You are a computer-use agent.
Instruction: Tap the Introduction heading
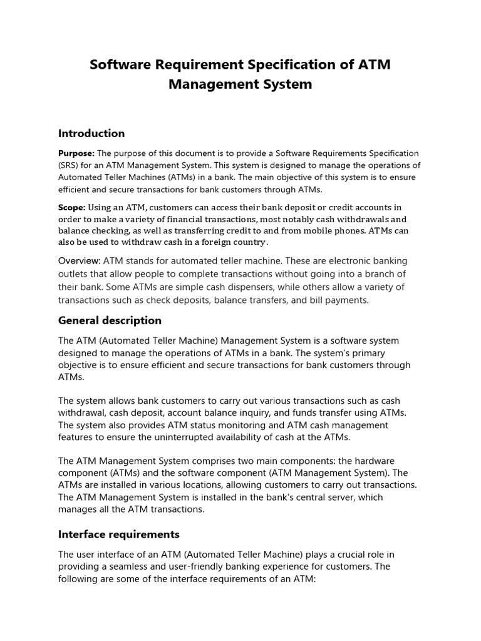point(91,133)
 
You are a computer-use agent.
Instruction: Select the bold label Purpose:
point(76,153)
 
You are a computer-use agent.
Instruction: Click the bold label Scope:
point(72,207)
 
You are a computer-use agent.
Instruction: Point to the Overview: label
point(79,260)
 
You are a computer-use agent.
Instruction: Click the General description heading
point(110,320)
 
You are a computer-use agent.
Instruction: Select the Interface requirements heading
point(118,534)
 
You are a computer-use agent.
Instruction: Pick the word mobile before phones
point(324,230)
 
